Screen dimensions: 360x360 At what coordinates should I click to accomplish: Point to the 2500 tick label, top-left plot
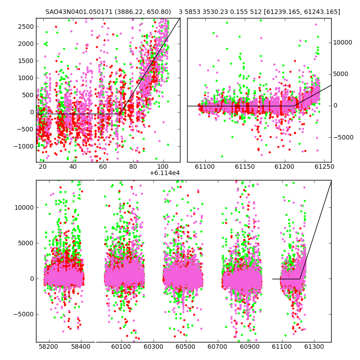pyautogui.click(x=26, y=27)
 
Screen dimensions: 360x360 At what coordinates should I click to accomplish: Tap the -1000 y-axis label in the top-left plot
pyautogui.click(x=24, y=146)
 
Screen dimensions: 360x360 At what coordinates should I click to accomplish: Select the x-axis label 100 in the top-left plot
pyautogui.click(x=163, y=166)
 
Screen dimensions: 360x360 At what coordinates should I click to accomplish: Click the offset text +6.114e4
pyautogui.click(x=165, y=173)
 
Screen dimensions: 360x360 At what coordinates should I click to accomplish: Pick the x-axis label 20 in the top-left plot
pyautogui.click(x=43, y=166)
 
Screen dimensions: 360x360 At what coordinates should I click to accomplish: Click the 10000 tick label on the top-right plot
pyautogui.click(x=342, y=42)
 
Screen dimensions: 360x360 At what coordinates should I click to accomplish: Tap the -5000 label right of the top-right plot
pyautogui.click(x=343, y=137)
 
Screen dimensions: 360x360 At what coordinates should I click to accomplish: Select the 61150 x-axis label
pyautogui.click(x=245, y=166)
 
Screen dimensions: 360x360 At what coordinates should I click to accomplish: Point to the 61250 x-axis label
pyautogui.click(x=324, y=166)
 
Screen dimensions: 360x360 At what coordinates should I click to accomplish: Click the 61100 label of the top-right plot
pyautogui.click(x=205, y=166)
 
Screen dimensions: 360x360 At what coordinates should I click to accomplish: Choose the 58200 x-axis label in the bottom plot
pyautogui.click(x=48, y=346)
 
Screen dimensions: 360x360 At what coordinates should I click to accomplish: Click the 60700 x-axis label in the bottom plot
pyautogui.click(x=217, y=346)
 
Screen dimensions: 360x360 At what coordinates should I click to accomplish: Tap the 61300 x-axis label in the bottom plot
pyautogui.click(x=314, y=346)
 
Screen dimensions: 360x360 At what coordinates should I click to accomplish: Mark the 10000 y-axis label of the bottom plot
pyautogui.click(x=24, y=207)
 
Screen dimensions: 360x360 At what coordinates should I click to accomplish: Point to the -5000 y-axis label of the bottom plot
pyautogui.click(x=24, y=314)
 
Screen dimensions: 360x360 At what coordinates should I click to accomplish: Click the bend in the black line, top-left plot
pyautogui.click(x=120, y=114)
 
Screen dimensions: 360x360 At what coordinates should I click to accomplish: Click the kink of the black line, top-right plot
pyautogui.click(x=295, y=106)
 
